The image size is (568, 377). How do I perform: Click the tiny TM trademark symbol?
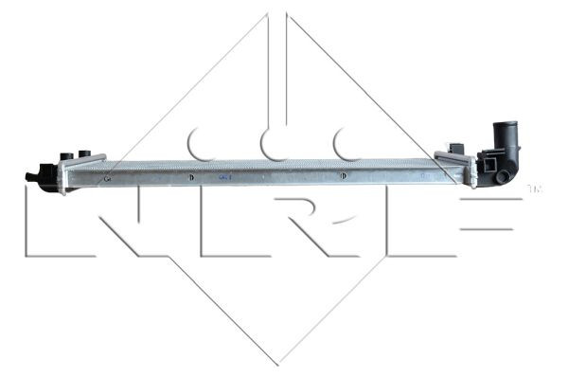pos(533,188)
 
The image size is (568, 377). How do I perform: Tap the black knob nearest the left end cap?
pos(66,156)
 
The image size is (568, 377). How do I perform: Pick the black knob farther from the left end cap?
pos(85,153)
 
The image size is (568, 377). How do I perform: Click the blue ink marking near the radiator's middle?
pos(224,176)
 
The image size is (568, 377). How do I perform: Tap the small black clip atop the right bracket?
pos(456,147)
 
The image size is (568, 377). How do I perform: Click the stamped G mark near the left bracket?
pos(107,176)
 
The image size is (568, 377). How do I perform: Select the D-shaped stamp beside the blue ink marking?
pos(191,176)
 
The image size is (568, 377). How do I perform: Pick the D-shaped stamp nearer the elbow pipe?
pos(345,176)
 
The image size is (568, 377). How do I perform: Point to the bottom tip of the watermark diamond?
pos(276,364)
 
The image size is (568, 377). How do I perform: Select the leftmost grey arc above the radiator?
pos(201,144)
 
